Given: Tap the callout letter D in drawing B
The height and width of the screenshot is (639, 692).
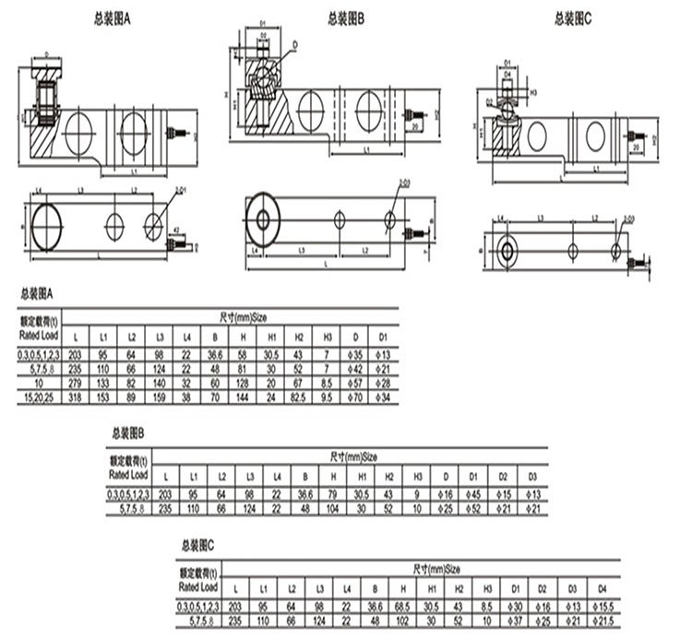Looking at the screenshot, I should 294,44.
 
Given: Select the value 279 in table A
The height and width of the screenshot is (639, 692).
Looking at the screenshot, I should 76,381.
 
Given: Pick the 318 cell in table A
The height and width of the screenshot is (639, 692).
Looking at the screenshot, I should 76,396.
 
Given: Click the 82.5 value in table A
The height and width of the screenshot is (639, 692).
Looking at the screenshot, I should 297,396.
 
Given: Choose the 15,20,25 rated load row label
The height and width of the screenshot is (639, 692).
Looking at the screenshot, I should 39,396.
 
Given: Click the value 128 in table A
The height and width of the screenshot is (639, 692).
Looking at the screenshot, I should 242,381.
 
